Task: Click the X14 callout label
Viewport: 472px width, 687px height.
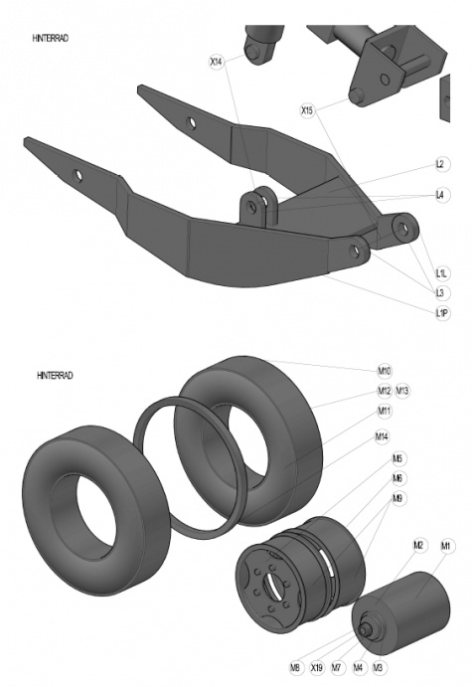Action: click(216, 62)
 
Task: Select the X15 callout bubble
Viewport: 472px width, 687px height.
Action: click(307, 110)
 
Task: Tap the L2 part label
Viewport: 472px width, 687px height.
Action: click(440, 164)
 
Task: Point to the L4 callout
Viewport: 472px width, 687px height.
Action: click(440, 195)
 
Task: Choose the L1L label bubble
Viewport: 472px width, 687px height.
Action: click(442, 273)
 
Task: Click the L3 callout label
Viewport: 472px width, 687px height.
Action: click(440, 292)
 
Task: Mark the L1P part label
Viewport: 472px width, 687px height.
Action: click(442, 313)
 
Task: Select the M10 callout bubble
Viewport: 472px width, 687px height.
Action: click(385, 371)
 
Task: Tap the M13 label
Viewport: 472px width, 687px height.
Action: click(402, 391)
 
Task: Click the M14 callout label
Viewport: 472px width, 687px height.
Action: click(382, 436)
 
